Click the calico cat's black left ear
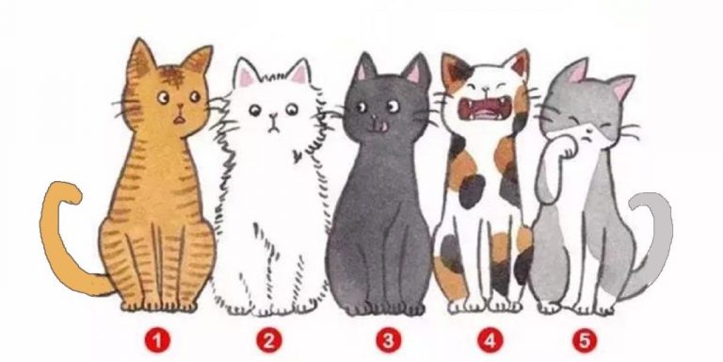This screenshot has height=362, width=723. click(x=451, y=68)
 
